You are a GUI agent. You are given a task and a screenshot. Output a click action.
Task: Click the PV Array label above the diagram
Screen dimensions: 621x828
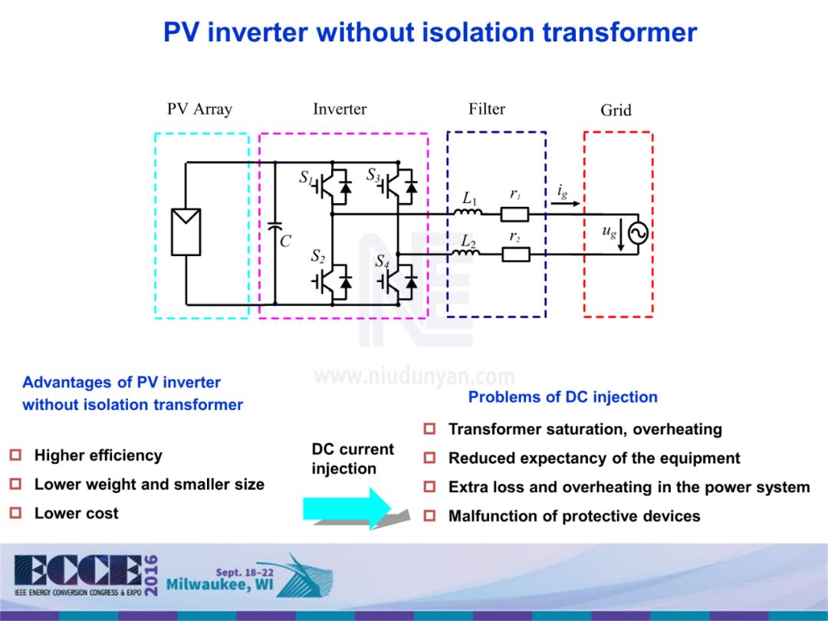199,109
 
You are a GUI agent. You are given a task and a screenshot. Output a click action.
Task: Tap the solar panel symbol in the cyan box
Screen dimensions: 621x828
186,231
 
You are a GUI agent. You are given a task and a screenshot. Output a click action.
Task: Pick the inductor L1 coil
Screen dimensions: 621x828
470,212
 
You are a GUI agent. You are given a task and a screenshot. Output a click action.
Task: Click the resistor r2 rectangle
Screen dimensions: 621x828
516,254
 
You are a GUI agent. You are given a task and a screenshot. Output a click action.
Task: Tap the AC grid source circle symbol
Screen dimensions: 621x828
638,234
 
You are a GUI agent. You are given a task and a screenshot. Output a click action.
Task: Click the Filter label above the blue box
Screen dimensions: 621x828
487,109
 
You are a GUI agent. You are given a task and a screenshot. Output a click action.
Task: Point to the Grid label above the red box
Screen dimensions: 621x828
616,110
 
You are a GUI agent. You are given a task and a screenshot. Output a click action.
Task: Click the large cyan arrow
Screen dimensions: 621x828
348,508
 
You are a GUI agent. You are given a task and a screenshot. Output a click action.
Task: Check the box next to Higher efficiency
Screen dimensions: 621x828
15,455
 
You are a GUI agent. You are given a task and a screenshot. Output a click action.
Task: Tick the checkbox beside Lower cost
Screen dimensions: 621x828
15,513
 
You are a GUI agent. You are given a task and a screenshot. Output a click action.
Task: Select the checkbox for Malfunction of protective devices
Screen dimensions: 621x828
430,516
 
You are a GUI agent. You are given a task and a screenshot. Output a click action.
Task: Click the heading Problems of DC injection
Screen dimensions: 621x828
563,396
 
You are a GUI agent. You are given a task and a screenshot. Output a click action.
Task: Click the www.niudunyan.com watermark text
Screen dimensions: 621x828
414,377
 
